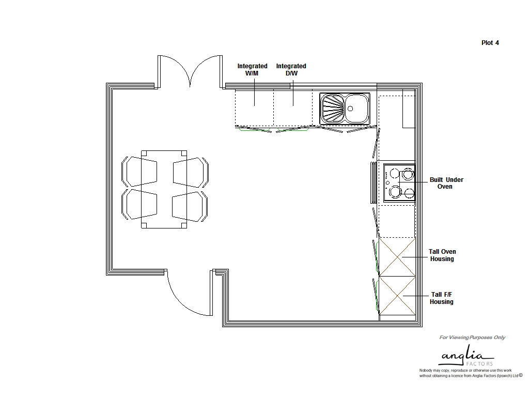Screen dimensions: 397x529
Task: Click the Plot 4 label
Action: [490, 43]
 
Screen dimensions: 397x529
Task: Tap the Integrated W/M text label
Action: [252, 69]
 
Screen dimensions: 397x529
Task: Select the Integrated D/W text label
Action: [291, 69]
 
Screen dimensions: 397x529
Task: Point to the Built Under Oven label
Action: [446, 183]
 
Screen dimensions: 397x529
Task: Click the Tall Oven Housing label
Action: [442, 255]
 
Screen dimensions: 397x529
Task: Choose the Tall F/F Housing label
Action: [442, 298]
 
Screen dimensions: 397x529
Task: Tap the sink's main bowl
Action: [356, 108]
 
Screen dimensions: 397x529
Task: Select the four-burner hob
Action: [399, 182]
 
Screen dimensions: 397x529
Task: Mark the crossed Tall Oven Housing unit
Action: [397, 256]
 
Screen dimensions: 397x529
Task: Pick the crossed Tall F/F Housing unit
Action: [397, 295]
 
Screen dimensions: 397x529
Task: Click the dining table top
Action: [164, 189]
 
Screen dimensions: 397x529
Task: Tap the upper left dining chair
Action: [139, 172]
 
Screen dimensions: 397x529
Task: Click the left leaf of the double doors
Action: [173, 70]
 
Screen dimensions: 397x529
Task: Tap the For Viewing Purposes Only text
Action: [472, 338]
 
